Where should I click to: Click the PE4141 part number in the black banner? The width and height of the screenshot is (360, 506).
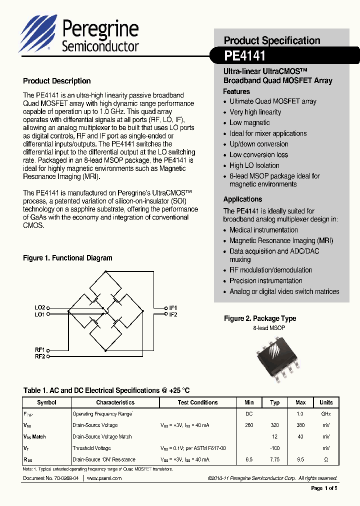pyautogui.click(x=245, y=54)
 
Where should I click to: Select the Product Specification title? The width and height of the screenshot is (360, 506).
pyautogui.click(x=272, y=40)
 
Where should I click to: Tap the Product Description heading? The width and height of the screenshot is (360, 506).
pyautogui.click(x=57, y=81)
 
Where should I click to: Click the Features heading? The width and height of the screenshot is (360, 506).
pyautogui.click(x=236, y=91)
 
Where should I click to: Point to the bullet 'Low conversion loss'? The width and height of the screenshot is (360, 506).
pyautogui.click(x=258, y=154)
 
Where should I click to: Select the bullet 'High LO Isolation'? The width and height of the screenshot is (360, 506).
pyautogui.click(x=254, y=165)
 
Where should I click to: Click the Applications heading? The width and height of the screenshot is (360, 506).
pyautogui.click(x=242, y=199)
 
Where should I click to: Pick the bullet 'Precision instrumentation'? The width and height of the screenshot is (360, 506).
pyautogui.click(x=265, y=280)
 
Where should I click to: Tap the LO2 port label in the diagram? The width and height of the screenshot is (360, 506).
pyautogui.click(x=40, y=307)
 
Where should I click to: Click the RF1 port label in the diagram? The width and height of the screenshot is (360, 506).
pyautogui.click(x=40, y=349)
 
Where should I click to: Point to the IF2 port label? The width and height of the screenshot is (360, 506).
pyautogui.click(x=173, y=314)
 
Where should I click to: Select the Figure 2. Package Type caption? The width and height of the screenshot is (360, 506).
pyautogui.click(x=260, y=318)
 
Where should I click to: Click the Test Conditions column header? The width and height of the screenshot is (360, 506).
pyautogui.click(x=197, y=402)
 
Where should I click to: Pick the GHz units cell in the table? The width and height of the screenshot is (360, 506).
pyautogui.click(x=326, y=414)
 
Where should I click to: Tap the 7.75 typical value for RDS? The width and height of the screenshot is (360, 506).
pyautogui.click(x=275, y=459)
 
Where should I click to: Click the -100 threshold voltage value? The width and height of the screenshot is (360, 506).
pyautogui.click(x=275, y=448)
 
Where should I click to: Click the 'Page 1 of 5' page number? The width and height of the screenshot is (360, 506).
pyautogui.click(x=324, y=488)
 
